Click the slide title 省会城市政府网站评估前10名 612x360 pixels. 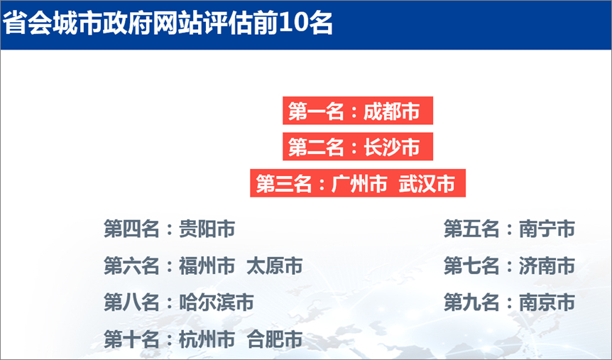(168, 24)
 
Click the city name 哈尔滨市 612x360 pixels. (216, 302)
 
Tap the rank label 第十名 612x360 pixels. (131, 339)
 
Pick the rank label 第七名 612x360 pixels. (471, 266)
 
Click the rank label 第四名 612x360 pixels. (131, 229)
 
